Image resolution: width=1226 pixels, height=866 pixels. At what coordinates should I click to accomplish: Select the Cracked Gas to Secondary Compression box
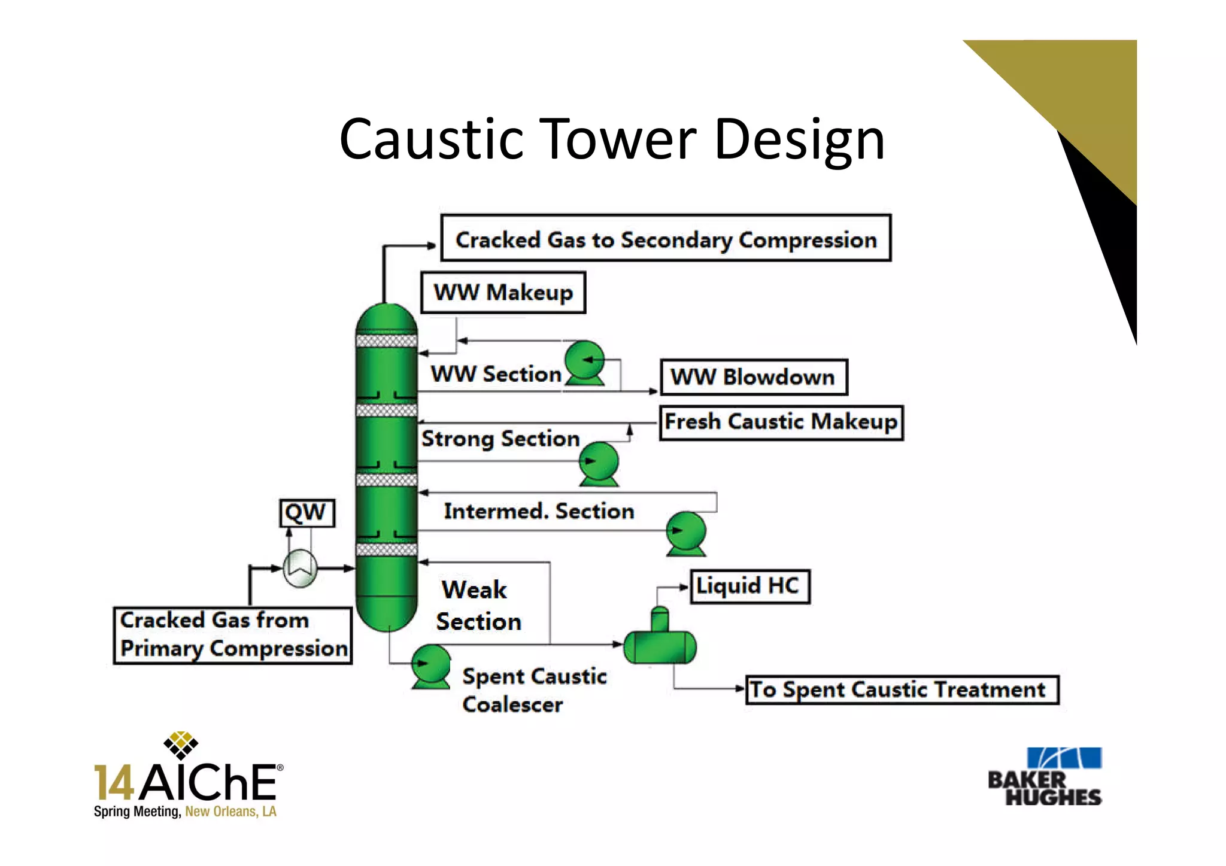[x=666, y=239]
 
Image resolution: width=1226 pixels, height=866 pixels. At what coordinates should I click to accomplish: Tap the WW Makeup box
[x=503, y=293]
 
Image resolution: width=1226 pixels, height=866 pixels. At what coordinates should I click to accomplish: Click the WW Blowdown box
[x=753, y=377]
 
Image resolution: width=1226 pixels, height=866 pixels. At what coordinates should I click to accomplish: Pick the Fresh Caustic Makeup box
[x=781, y=423]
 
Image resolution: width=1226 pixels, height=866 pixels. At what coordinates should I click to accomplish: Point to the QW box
[x=306, y=513]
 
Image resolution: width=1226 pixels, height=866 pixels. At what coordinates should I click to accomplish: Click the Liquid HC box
[x=749, y=587]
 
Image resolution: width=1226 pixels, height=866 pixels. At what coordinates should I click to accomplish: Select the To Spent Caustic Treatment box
[x=901, y=690]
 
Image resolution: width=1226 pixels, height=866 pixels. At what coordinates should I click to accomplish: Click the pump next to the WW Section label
[x=585, y=361]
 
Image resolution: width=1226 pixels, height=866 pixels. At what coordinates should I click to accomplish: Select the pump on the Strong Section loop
[x=599, y=463]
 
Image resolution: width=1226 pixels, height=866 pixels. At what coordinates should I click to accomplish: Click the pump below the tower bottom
[x=431, y=665]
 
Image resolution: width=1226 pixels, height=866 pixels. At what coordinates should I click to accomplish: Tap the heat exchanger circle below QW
[x=300, y=568]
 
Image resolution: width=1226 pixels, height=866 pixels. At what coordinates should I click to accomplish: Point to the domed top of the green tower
[x=386, y=317]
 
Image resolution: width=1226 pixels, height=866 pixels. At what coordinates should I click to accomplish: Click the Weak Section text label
[x=477, y=606]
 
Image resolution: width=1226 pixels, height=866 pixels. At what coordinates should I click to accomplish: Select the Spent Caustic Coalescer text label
[x=533, y=690]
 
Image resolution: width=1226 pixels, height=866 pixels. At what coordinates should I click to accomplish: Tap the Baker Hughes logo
[x=1045, y=776]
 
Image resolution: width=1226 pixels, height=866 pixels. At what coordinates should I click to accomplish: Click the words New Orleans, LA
[x=230, y=812]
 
